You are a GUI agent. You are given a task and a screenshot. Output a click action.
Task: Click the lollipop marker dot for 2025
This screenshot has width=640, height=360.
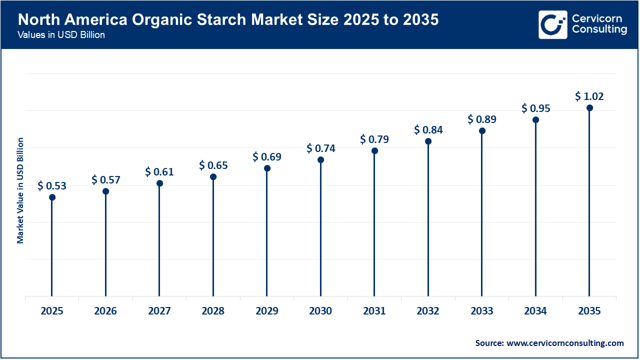[x=52, y=197]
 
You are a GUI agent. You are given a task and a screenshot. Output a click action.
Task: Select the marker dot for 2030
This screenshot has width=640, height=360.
[x=320, y=160]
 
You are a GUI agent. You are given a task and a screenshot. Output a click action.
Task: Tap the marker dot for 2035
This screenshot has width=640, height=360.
[x=589, y=108]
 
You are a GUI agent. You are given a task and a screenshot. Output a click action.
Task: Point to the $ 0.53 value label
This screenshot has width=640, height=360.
[x=52, y=186]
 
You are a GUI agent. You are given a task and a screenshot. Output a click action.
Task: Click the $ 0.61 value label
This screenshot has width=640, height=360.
[x=159, y=172]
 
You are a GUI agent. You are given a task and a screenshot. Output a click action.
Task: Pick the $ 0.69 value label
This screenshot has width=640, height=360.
[x=267, y=157]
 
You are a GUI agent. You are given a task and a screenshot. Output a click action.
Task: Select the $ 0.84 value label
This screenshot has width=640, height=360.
[x=428, y=130]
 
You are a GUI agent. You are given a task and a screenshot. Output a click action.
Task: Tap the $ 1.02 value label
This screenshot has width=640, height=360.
[x=589, y=96]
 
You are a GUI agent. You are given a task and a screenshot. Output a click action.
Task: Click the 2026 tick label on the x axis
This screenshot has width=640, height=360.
[x=105, y=311]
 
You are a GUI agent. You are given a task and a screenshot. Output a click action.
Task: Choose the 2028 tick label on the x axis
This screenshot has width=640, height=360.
[x=213, y=311]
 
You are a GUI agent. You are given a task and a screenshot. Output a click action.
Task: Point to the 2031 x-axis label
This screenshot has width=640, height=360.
[x=374, y=311]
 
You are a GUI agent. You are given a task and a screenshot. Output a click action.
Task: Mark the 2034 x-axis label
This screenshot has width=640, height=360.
[x=535, y=311]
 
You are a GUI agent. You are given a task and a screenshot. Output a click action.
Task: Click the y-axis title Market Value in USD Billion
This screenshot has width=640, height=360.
[x=20, y=190]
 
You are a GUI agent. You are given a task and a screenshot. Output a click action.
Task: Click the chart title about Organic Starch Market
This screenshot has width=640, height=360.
[x=227, y=20]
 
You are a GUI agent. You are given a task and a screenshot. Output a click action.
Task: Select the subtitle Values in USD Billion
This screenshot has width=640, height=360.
[x=61, y=35]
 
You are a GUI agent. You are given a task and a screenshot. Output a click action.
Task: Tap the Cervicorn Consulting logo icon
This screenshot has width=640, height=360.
[x=553, y=24]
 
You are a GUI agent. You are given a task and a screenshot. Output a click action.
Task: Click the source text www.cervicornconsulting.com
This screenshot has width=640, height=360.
[x=565, y=343]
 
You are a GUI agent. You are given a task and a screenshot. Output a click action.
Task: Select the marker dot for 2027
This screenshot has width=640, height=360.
[x=159, y=183]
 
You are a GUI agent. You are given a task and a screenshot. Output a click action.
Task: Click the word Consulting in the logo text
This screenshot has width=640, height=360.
[x=599, y=30]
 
